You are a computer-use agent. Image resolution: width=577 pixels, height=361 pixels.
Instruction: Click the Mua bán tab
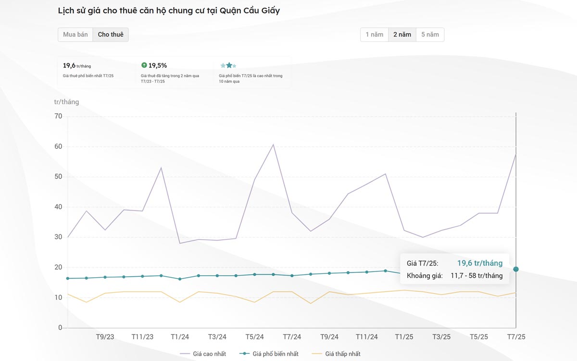point(75,35)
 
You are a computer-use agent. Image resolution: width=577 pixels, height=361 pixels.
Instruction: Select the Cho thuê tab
point(111,35)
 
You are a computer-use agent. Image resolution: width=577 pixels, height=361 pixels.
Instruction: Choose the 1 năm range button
point(374,35)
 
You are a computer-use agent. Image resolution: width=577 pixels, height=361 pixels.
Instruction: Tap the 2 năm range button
point(402,35)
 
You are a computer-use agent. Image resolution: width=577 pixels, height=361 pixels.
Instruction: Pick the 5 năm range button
point(430,35)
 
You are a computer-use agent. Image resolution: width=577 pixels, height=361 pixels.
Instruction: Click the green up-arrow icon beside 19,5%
point(144,65)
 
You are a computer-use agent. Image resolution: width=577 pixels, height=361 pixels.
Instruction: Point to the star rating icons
point(228,65)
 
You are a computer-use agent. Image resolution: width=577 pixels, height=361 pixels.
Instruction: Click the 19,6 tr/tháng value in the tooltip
point(479,263)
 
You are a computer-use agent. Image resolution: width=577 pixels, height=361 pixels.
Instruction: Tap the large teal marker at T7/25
point(516,269)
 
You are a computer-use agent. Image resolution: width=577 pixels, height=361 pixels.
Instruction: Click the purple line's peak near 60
point(273,144)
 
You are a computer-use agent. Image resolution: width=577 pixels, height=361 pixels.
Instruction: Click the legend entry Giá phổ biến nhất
point(276,354)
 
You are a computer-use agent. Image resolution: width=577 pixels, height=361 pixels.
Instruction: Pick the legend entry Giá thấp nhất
point(343,354)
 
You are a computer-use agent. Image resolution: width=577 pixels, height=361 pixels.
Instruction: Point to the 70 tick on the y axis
point(58,116)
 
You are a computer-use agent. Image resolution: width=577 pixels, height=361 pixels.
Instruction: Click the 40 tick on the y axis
point(58,207)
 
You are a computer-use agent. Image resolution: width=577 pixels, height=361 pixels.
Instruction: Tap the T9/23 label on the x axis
point(105,337)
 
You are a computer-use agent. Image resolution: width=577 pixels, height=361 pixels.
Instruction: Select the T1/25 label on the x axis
point(404,337)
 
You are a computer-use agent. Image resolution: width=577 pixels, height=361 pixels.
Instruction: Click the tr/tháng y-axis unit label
point(66,102)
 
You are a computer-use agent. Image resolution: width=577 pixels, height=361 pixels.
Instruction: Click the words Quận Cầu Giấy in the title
point(250,11)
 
